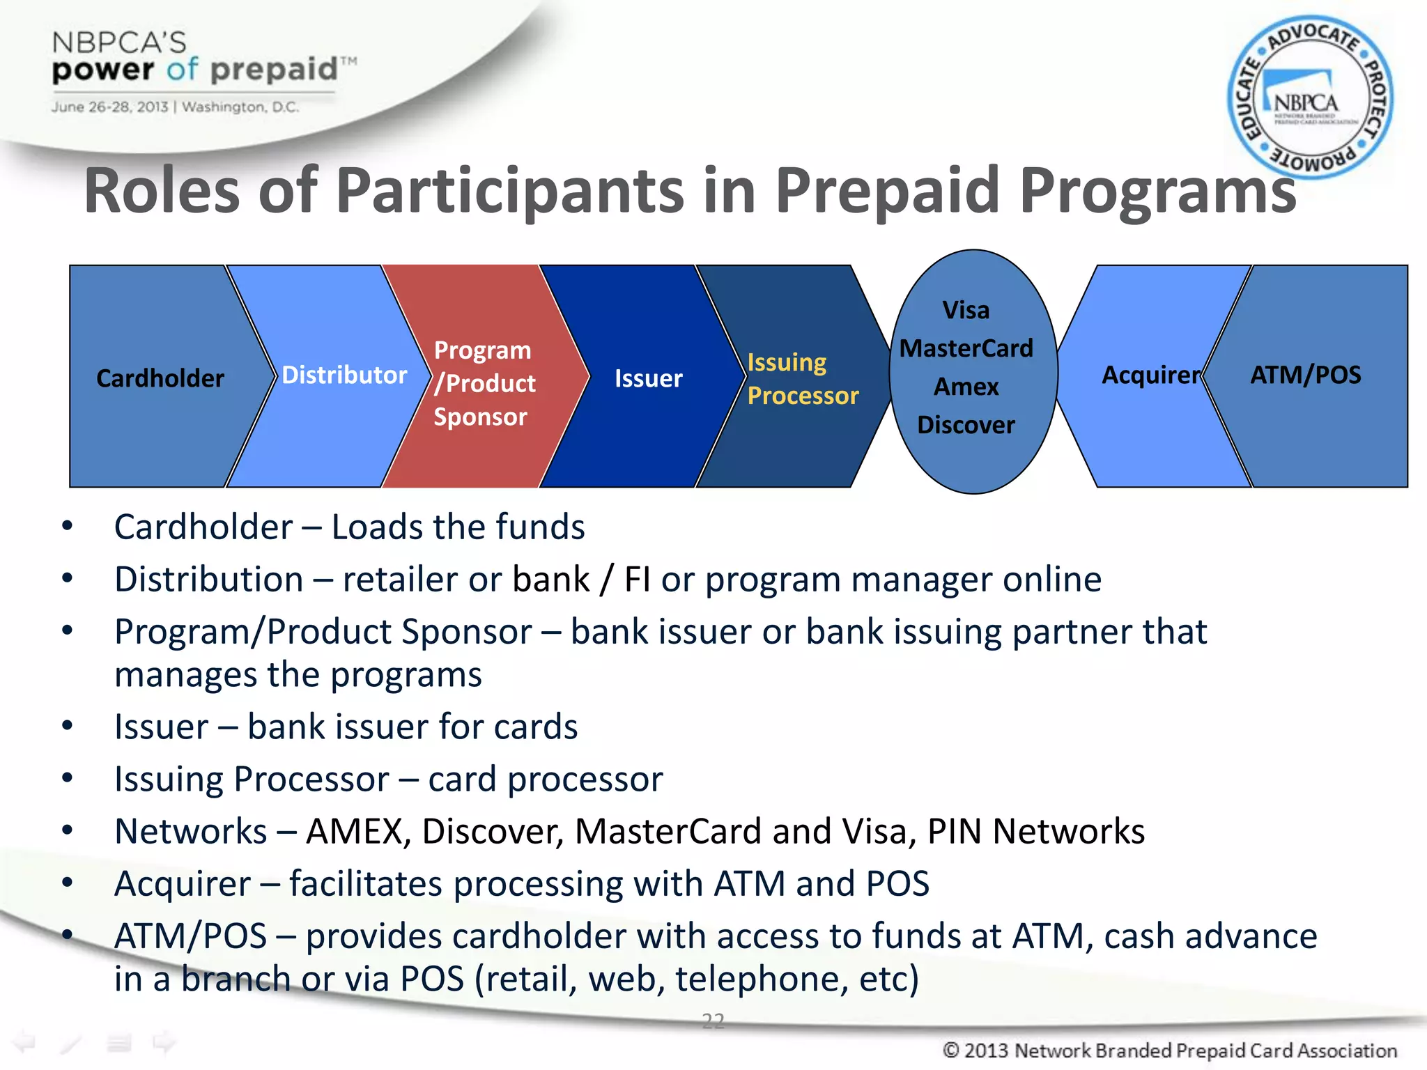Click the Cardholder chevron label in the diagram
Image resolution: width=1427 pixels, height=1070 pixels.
[x=160, y=378]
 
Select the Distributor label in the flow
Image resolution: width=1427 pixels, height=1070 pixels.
[x=344, y=375]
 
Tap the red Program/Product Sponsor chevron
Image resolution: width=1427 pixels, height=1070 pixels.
[x=484, y=382]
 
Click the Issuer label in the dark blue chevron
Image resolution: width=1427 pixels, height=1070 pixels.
[x=648, y=378]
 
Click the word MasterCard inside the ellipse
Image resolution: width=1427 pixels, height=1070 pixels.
[x=966, y=348]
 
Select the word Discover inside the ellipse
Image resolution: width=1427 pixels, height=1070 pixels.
[x=966, y=424]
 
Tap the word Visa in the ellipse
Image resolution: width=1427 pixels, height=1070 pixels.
[x=966, y=310]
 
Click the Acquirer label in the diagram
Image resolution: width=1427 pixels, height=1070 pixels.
[x=1151, y=375]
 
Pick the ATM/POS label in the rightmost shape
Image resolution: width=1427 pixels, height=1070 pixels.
[x=1305, y=375]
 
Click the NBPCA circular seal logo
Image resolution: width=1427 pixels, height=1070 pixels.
[x=1309, y=98]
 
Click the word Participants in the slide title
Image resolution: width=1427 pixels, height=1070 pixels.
[x=510, y=191]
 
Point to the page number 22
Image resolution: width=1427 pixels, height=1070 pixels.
[x=713, y=1021]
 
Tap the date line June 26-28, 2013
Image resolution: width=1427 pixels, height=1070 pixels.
[x=109, y=107]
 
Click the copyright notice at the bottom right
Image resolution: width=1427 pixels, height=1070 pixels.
[x=1169, y=1050]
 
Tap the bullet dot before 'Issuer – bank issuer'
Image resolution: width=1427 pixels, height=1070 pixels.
[x=67, y=726]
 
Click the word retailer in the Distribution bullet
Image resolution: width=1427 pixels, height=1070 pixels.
[x=399, y=580]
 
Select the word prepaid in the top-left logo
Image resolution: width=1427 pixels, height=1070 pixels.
[x=273, y=70]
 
